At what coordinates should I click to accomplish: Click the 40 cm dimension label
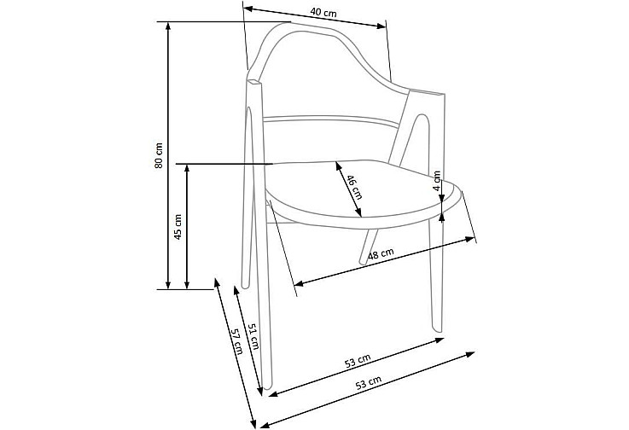(323, 13)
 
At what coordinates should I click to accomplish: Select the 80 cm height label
(160, 154)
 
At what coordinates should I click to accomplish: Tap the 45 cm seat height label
(178, 227)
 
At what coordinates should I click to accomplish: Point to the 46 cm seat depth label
(354, 187)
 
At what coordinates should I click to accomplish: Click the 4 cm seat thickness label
(437, 181)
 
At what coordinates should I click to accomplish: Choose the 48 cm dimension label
(381, 254)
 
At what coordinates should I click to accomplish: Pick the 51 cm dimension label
(253, 336)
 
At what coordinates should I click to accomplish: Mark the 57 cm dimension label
(236, 342)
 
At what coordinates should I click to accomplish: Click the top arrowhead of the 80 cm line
(168, 26)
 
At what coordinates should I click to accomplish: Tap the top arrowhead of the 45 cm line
(187, 168)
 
